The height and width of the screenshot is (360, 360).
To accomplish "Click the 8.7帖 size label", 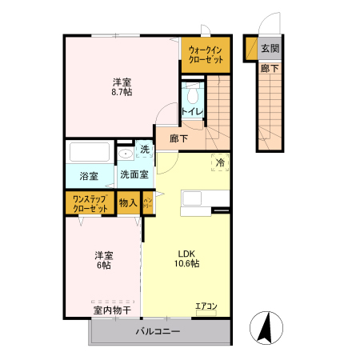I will (122, 93).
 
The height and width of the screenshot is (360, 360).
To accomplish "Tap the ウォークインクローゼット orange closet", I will (206, 54).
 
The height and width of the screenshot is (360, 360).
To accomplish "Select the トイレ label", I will (192, 111).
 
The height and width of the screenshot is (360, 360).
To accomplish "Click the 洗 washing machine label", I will (145, 150).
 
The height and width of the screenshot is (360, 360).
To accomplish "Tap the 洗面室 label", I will (134, 174).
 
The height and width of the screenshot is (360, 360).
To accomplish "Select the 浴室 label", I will (89, 175).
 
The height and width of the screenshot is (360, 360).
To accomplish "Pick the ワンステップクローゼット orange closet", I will (90, 203).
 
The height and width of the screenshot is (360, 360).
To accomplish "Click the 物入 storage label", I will (128, 203).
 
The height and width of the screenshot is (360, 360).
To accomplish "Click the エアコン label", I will (206, 306).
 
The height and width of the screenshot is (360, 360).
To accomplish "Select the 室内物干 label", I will (112, 309).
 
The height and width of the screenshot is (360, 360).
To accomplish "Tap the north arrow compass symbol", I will (266, 326).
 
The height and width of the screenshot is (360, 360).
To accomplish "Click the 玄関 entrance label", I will (270, 48).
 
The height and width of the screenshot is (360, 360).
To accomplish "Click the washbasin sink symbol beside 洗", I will (126, 154).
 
